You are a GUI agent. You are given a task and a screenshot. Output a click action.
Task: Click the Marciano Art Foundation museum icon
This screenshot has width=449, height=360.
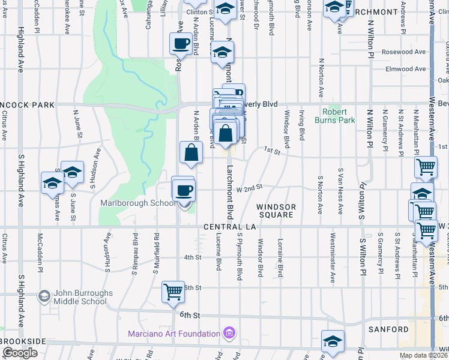pyautogui.click(x=228, y=333)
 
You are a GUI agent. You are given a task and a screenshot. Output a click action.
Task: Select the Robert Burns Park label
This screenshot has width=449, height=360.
pyautogui.click(x=339, y=115)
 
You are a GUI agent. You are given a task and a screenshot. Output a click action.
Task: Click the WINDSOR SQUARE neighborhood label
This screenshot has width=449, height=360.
pyautogui.click(x=277, y=211)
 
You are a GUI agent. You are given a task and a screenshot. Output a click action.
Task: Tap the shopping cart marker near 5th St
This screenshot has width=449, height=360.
pyautogui.click(x=173, y=292)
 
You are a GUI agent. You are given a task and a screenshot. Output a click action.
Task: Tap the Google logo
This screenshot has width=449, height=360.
pyautogui.click(x=20, y=353)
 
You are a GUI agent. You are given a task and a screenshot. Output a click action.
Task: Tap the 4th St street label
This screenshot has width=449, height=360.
pyautogui.click(x=192, y=257)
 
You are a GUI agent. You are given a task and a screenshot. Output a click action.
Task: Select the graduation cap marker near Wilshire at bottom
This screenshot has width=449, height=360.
pyautogui.click(x=333, y=341)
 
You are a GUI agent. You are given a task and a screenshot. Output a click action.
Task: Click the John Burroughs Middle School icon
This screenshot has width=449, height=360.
pyautogui.click(x=44, y=296)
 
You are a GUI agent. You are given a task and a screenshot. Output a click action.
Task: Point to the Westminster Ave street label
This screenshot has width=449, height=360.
pyautogui.click(x=332, y=262)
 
